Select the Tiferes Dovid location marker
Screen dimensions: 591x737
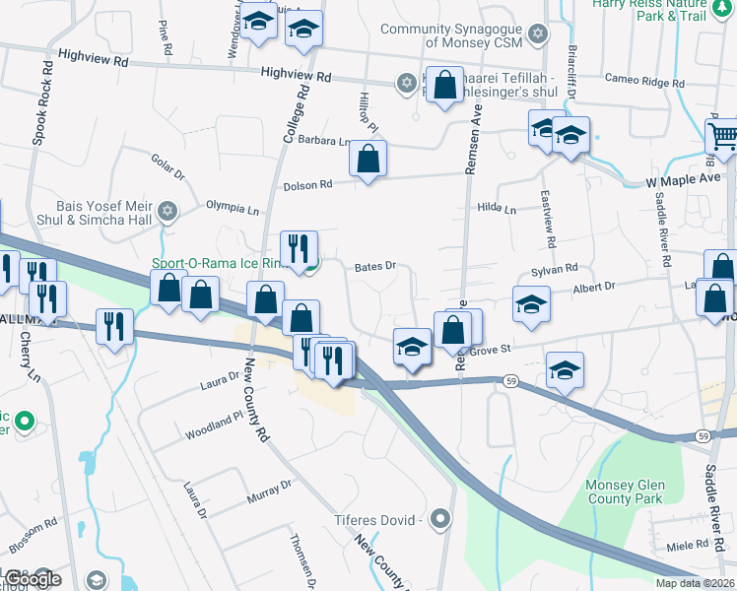[440, 518]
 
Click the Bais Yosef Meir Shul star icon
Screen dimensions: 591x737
[167, 211]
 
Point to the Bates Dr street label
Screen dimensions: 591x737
[374, 266]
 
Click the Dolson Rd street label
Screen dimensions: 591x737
[309, 184]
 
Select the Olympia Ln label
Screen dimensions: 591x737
[232, 209]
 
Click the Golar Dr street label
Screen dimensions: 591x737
[167, 167]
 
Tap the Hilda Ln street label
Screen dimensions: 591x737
[497, 209]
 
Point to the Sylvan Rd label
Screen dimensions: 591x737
[554, 269]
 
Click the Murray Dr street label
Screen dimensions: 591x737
[270, 492]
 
